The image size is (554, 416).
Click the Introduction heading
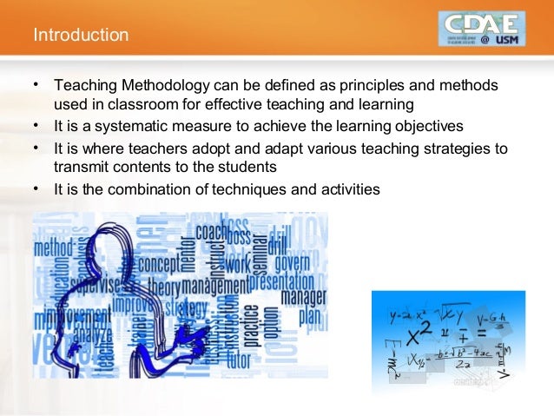click(x=81, y=36)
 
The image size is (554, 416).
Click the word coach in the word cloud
click(x=212, y=233)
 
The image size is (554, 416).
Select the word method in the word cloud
click(x=54, y=248)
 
